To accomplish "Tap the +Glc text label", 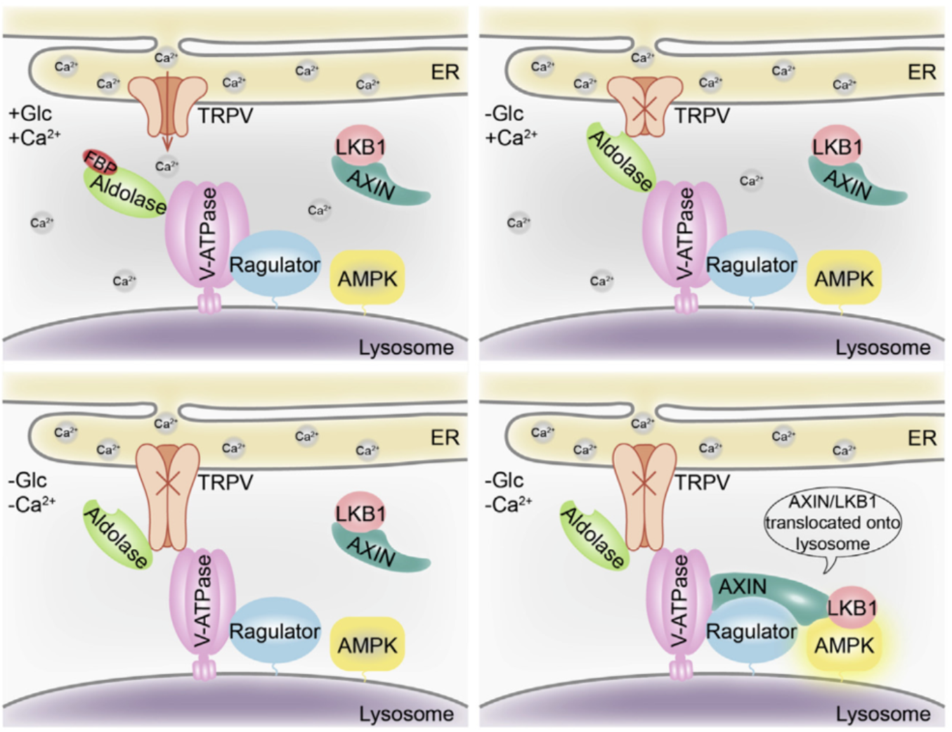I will coord(31,114).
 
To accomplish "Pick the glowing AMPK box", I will coord(844,645).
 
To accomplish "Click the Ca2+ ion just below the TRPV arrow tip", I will coord(167,167).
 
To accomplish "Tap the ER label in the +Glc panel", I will coord(445,72).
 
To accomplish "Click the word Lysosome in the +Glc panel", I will coord(406,347).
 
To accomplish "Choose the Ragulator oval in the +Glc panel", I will coord(275,266).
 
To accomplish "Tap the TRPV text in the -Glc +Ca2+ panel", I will coord(702,116).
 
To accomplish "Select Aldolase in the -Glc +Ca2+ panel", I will coord(621,161).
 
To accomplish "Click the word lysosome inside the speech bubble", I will coord(833,544).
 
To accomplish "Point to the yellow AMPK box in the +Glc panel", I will coord(367,278).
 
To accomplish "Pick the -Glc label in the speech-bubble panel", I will coord(504,481).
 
